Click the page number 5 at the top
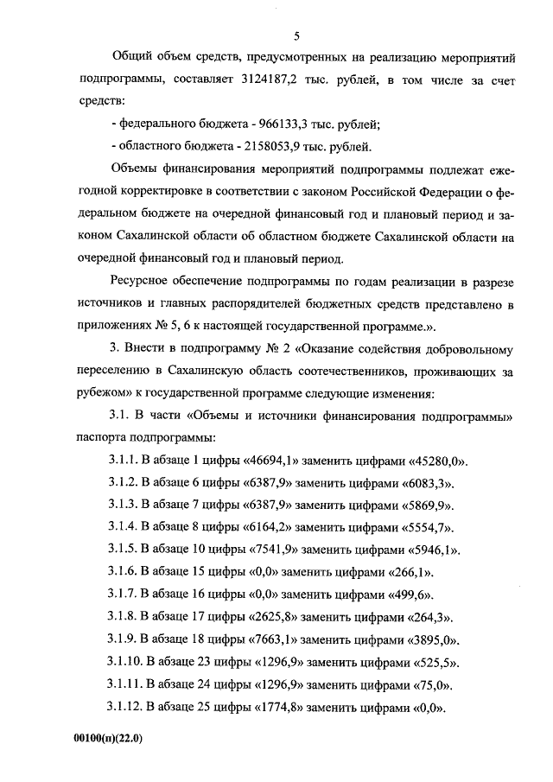click(x=296, y=36)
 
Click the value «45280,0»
click(x=436, y=459)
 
